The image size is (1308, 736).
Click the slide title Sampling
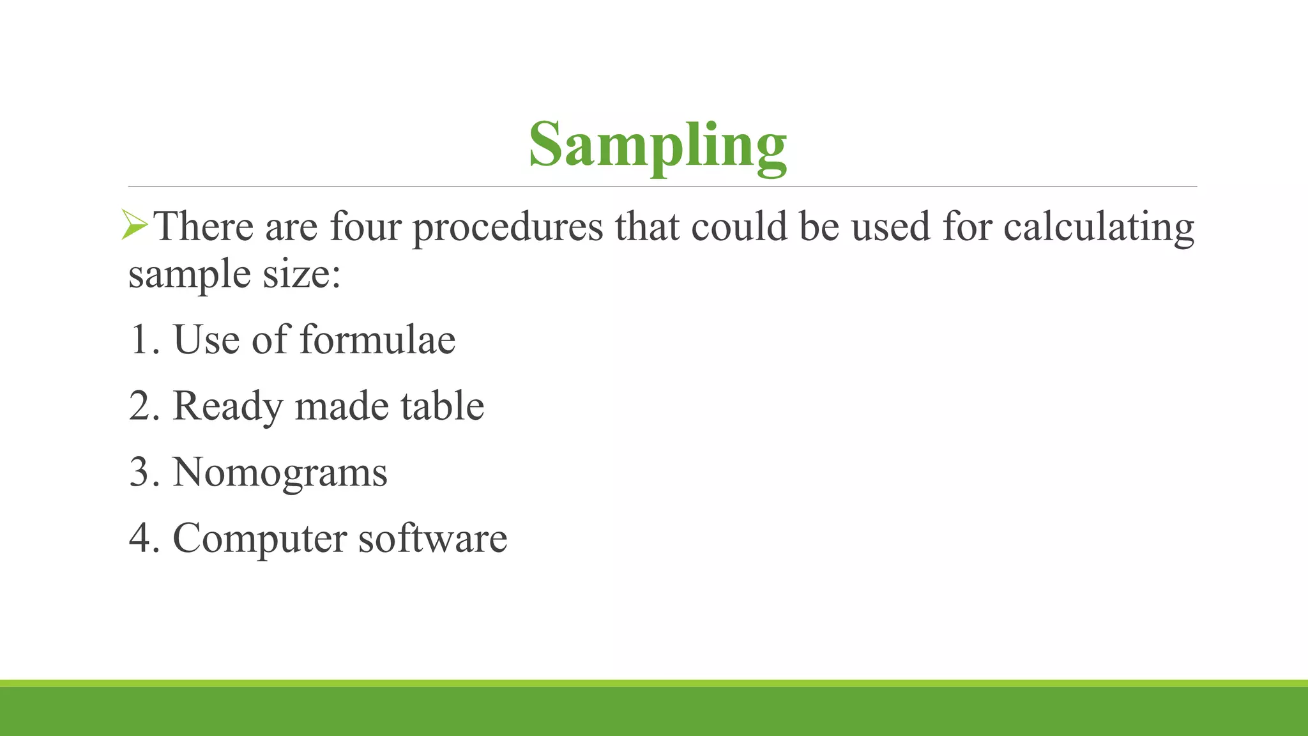[657, 146]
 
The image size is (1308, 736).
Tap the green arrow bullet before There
[135, 226]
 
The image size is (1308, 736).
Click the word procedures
[508, 227]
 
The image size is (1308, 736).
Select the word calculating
[1099, 227]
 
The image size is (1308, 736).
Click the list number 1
[141, 339]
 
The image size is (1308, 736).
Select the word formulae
[377, 339]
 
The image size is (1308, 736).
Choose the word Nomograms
[280, 473]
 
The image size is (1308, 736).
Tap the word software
[432, 538]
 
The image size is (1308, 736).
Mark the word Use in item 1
[206, 339]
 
